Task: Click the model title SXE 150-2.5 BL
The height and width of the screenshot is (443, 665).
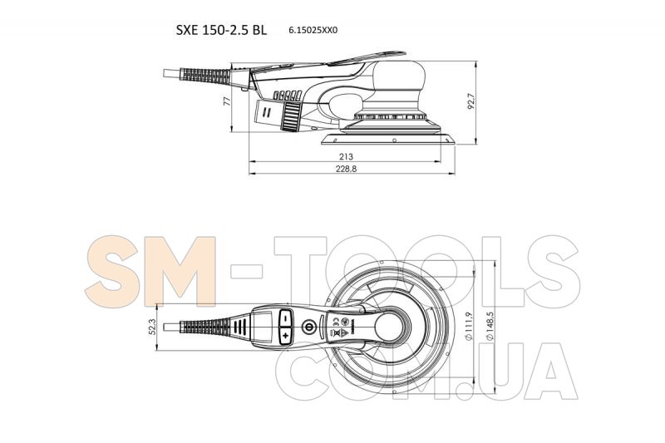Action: [x=221, y=30]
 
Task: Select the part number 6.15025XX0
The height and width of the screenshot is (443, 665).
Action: [x=313, y=31]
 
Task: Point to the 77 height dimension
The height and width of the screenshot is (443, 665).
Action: [x=227, y=101]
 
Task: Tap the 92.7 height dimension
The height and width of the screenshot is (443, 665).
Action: [x=471, y=101]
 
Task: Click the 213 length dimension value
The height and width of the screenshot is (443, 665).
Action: [x=346, y=157]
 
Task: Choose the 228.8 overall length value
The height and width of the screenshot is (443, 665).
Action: [x=347, y=169]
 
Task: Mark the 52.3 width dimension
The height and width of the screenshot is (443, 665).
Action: [x=153, y=327]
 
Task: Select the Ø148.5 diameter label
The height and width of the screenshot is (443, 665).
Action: [x=490, y=326]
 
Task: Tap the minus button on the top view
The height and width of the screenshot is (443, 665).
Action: [x=286, y=317]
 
